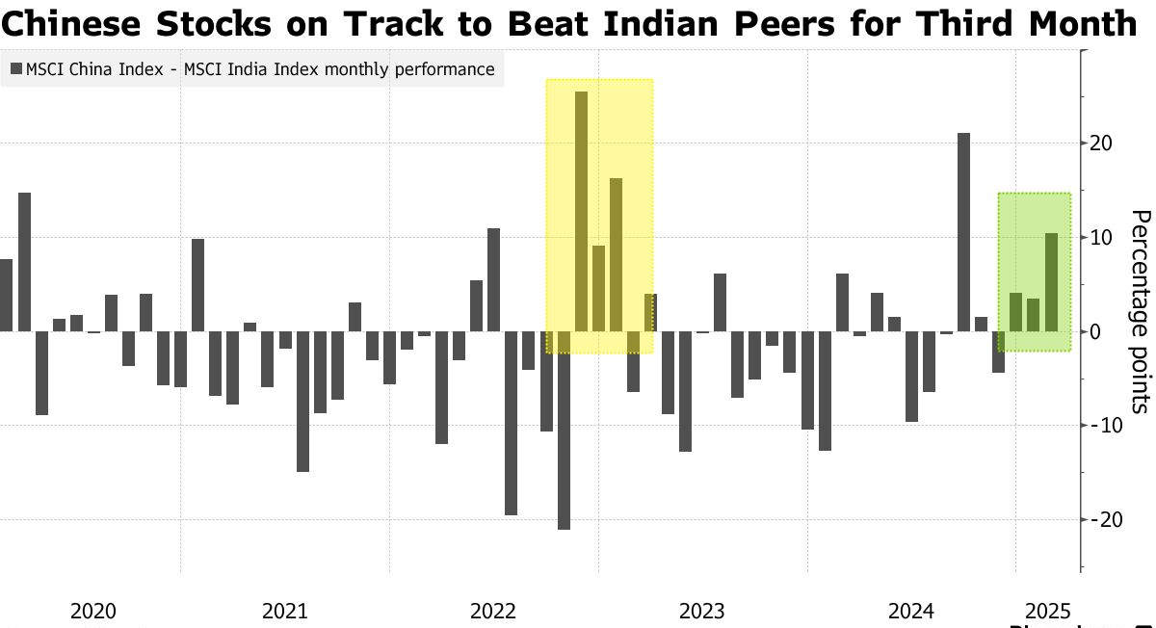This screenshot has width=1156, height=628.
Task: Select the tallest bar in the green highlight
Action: click(x=1051, y=281)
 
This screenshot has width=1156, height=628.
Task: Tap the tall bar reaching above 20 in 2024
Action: click(x=963, y=231)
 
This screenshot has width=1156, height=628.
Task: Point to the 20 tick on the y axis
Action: click(x=1100, y=144)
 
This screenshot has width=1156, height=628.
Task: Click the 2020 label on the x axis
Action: click(x=93, y=612)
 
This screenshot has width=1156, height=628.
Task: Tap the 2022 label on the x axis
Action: click(x=493, y=612)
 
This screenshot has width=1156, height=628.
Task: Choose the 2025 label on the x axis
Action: click(x=1047, y=612)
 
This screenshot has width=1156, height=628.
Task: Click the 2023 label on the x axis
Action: click(x=701, y=612)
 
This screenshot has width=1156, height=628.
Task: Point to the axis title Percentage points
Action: click(x=1140, y=311)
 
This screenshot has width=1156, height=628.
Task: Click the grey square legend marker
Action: click(x=15, y=69)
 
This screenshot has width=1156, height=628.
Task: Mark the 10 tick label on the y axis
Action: click(x=1100, y=237)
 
